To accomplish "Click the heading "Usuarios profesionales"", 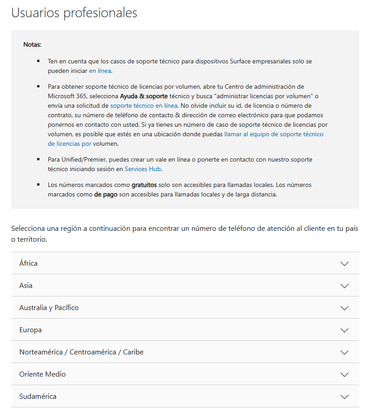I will click(74, 13).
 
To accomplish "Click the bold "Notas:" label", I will click(32, 45).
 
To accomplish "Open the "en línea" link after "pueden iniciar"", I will click(100, 71).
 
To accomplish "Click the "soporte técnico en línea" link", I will click(144, 105).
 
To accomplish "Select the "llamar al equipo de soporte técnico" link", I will click(274, 134).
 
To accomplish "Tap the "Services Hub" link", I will click(143, 169).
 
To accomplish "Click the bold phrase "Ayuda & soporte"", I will click(144, 96).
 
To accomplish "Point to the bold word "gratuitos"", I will click(144, 185).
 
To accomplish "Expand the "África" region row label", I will click(29, 263).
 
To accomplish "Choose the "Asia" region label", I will click(26, 285).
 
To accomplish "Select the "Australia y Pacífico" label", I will click(49, 308).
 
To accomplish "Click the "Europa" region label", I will click(30, 330).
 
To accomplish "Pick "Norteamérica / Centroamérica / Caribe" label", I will click(81, 352).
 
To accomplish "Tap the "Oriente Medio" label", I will click(43, 374).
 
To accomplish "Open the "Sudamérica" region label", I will click(38, 397).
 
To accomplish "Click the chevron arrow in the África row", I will click(344, 263).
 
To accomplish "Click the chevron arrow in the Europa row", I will click(344, 330).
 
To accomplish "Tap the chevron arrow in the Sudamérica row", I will click(344, 397).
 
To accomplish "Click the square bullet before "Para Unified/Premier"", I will click(39, 159).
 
